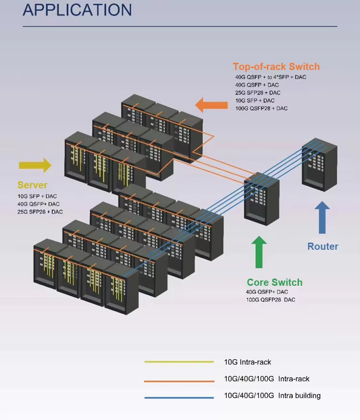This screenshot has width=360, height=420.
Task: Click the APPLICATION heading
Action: (77, 10)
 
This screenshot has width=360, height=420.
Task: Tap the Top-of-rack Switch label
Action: (276, 67)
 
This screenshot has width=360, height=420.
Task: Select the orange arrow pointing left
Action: (212, 105)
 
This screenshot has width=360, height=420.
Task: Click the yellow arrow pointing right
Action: (35, 165)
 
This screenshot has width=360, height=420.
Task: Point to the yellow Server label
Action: (33, 185)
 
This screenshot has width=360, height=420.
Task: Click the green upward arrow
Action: (259, 252)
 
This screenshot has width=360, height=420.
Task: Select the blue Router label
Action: (323, 246)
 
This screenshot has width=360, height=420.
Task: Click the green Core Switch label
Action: (275, 282)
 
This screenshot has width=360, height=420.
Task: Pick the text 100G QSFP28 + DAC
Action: (261, 108)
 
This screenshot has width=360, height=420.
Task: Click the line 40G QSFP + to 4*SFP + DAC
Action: (271, 77)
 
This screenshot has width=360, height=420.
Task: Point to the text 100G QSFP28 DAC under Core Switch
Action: (270, 300)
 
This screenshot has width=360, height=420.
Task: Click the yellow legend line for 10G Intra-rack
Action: (179, 362)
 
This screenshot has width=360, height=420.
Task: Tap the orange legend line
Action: (179, 381)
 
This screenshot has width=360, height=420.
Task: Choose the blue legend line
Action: (179, 397)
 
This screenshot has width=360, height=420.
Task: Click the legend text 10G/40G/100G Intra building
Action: (272, 396)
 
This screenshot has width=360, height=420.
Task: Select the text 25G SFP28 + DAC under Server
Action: (40, 211)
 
